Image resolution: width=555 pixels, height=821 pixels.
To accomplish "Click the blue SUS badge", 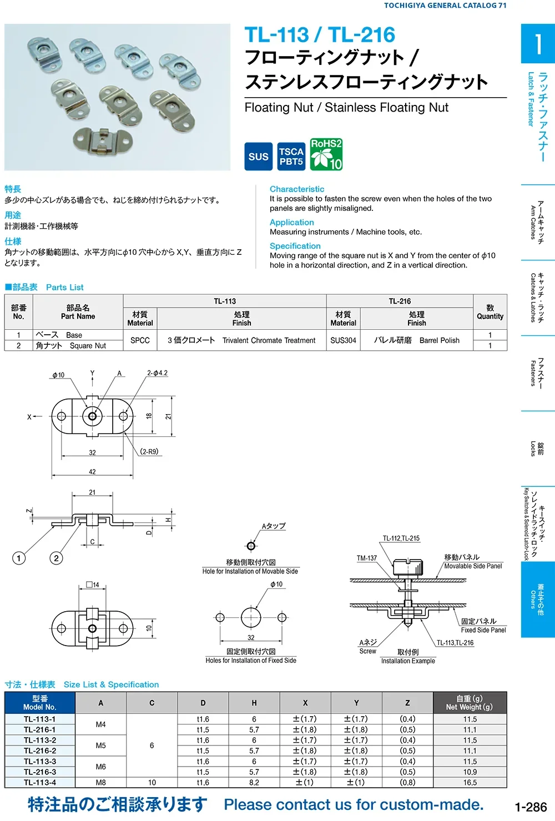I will click(x=258, y=157).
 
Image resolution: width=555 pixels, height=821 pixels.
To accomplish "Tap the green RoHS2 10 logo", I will click(x=326, y=154).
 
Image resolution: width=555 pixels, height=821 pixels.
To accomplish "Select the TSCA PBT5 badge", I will click(x=291, y=157).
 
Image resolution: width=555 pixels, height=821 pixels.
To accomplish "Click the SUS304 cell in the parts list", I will click(x=343, y=340).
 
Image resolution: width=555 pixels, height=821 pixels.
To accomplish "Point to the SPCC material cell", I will click(x=140, y=340).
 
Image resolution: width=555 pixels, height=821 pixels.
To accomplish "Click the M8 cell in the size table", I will click(x=100, y=783).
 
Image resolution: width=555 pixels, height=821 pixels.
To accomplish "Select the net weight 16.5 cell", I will click(x=470, y=783).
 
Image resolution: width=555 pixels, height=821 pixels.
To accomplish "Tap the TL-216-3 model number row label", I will click(x=39, y=772).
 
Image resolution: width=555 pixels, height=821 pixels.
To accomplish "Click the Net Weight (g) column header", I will click(x=470, y=703).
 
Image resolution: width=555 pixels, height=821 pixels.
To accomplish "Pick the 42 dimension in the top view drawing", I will click(x=92, y=472).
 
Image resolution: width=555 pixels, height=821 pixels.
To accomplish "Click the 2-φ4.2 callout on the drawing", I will click(x=157, y=373).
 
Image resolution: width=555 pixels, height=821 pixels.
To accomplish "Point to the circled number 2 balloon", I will click(x=56, y=558).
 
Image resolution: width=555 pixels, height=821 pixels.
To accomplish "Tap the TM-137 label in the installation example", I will click(x=366, y=558).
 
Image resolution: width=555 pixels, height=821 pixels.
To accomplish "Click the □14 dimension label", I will click(x=93, y=585).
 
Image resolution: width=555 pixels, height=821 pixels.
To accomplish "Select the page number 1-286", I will click(x=530, y=807).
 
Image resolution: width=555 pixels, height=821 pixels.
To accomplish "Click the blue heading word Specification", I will click(x=295, y=246).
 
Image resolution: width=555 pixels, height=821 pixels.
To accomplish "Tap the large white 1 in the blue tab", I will click(x=537, y=43).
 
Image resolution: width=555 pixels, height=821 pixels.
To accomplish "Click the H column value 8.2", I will click(x=254, y=783).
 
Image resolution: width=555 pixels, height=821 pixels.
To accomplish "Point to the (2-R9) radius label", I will click(x=149, y=452).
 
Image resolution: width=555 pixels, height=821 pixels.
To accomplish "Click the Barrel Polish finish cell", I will click(x=416, y=340).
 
